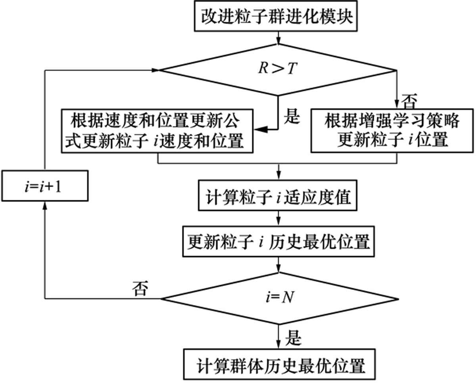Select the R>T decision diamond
click(x=277, y=70)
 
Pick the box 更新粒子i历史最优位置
click(x=279, y=241)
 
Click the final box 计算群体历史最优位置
click(x=280, y=365)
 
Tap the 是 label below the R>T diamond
click(x=292, y=117)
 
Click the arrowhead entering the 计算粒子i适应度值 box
click(x=280, y=177)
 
